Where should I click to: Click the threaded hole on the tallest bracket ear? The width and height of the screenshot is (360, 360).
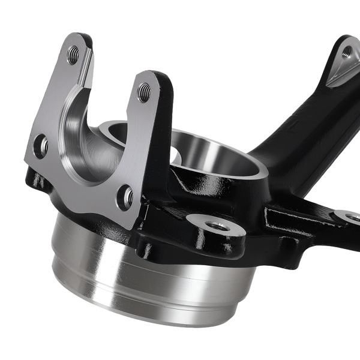(73, 56)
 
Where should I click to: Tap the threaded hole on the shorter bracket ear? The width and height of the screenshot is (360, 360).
(144, 92)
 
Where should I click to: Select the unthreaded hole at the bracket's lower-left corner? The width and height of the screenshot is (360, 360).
(41, 146)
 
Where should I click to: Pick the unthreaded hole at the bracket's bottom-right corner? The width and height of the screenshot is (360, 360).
(127, 196)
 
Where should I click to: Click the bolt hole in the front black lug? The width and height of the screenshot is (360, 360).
(217, 226)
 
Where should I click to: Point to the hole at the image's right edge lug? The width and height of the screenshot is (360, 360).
(353, 217)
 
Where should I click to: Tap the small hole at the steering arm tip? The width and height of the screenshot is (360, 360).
(347, 53)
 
